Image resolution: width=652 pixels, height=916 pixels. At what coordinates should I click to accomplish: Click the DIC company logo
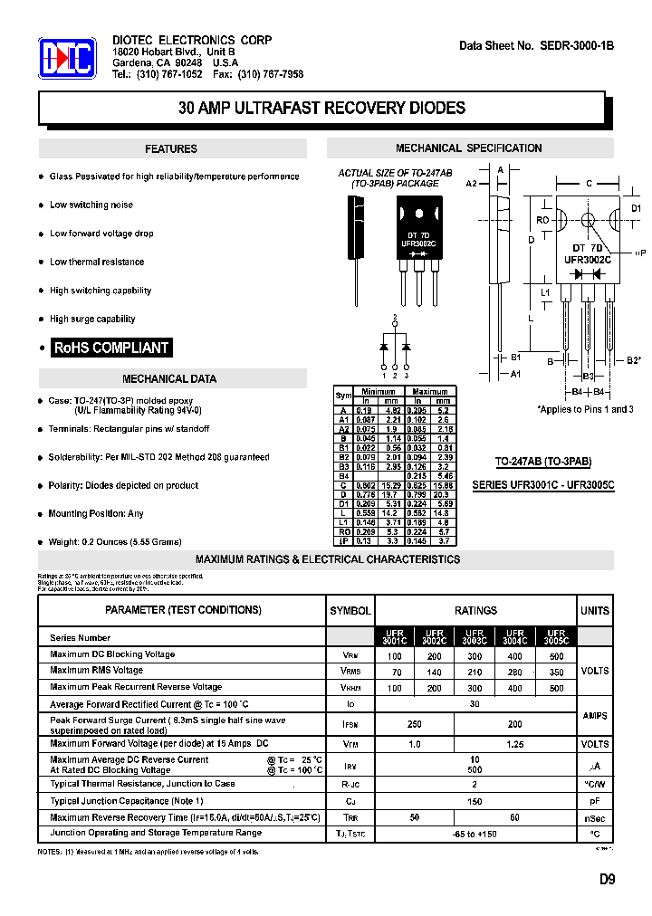click(66, 59)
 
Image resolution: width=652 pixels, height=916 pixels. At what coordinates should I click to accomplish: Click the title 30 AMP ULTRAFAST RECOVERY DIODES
click(321, 108)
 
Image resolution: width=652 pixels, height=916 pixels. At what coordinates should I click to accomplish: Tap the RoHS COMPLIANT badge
click(111, 348)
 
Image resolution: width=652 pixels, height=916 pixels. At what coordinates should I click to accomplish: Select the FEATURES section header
click(170, 149)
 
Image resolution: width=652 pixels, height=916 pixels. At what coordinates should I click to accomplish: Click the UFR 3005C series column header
click(555, 637)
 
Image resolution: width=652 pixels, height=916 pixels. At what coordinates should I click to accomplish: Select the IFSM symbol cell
click(350, 725)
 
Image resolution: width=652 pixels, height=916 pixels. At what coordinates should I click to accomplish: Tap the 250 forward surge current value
click(415, 725)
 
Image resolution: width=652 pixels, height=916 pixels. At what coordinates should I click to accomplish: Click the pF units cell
click(594, 801)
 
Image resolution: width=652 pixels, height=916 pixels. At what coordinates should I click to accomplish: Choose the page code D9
click(606, 879)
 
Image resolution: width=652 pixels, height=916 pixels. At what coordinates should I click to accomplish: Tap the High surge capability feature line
click(92, 320)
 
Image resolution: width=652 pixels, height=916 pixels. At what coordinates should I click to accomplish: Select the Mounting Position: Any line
click(96, 514)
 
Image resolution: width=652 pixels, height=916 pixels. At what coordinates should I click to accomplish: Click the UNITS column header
click(595, 611)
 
